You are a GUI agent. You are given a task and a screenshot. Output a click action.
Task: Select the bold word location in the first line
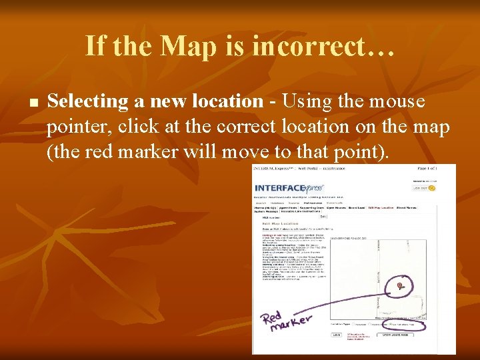click(x=227, y=101)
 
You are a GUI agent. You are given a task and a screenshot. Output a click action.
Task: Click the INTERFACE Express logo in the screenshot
click(x=289, y=189)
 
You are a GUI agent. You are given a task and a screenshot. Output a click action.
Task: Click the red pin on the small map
click(x=399, y=285)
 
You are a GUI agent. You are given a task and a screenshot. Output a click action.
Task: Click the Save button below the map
click(x=337, y=335)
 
